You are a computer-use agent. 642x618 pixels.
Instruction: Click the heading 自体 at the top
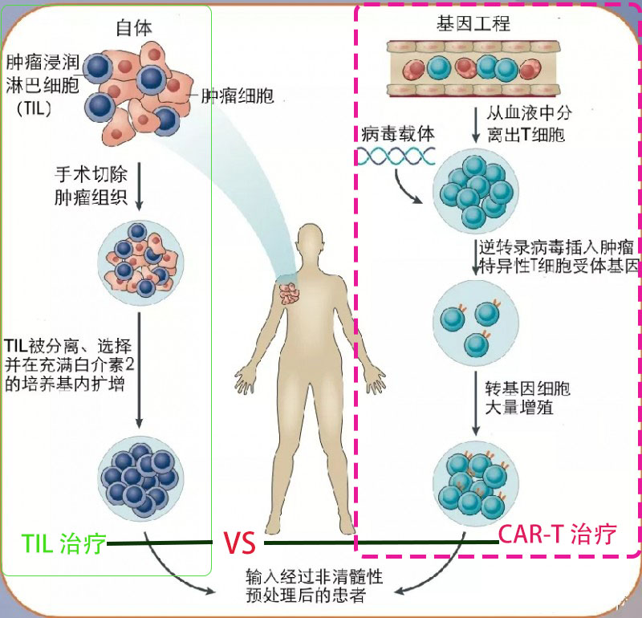point(134,28)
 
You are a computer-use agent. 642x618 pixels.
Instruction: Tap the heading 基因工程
point(473,23)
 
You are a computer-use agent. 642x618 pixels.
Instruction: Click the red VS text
point(239,543)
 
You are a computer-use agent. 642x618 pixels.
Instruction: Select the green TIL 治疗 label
point(63,544)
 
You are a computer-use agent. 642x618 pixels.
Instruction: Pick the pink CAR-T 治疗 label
point(557,534)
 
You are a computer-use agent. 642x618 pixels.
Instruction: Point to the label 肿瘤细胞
point(238,96)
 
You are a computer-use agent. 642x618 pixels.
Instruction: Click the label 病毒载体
point(397,134)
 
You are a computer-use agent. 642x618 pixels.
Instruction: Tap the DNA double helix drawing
point(396,156)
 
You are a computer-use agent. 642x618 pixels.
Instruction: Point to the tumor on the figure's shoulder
point(290,294)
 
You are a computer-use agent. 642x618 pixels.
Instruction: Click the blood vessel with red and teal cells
point(473,68)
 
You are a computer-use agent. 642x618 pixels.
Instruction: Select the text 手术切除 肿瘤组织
point(91,185)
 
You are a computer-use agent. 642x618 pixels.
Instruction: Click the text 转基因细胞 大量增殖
point(527,397)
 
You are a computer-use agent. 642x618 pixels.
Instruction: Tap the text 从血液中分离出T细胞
point(529,124)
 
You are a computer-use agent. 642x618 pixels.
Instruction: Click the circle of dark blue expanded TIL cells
point(140,479)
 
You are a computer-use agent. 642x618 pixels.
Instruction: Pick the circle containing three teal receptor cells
point(476,323)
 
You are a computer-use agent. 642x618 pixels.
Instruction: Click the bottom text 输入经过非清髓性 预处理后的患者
point(314,586)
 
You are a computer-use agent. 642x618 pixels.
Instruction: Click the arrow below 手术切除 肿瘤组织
point(139,186)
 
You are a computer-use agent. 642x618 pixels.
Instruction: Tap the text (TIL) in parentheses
point(35,108)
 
